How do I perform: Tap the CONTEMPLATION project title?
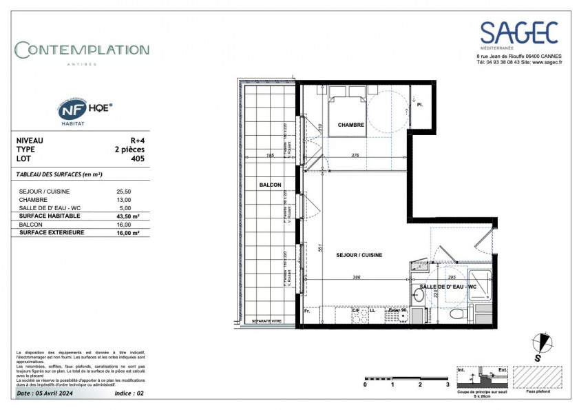(x=82, y=50)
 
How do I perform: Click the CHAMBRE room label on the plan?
(x=350, y=125)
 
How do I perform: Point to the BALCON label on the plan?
(x=270, y=186)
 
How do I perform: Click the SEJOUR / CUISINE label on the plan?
(x=359, y=255)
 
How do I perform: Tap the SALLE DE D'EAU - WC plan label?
(x=448, y=286)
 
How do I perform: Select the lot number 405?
(x=138, y=158)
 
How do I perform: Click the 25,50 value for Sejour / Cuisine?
(x=125, y=191)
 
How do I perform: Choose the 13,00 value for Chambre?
(x=125, y=199)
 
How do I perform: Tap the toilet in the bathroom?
(x=455, y=314)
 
